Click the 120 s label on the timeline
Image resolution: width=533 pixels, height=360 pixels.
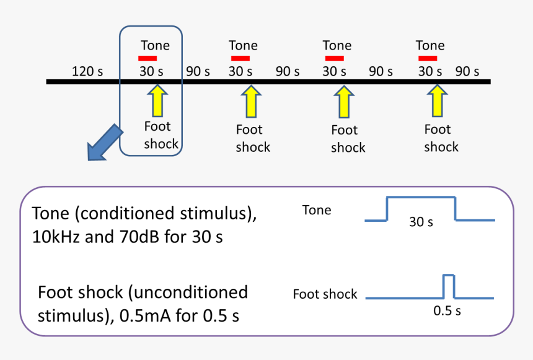[87, 71]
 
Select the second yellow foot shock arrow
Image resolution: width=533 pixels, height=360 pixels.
[251, 101]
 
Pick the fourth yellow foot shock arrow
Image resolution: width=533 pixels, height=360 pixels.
[438, 100]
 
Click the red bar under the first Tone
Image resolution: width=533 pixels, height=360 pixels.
[148, 58]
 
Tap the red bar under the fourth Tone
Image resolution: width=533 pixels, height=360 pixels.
[428, 58]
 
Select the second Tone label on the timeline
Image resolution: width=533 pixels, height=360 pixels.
[243, 45]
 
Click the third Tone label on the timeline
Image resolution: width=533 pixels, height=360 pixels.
[337, 45]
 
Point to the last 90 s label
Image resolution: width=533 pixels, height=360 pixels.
[467, 71]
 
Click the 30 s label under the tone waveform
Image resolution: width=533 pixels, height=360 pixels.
[421, 221]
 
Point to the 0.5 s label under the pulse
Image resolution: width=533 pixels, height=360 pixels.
[447, 310]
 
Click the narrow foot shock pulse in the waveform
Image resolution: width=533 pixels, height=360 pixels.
[448, 286]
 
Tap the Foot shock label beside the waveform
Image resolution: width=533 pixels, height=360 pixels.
[325, 294]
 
